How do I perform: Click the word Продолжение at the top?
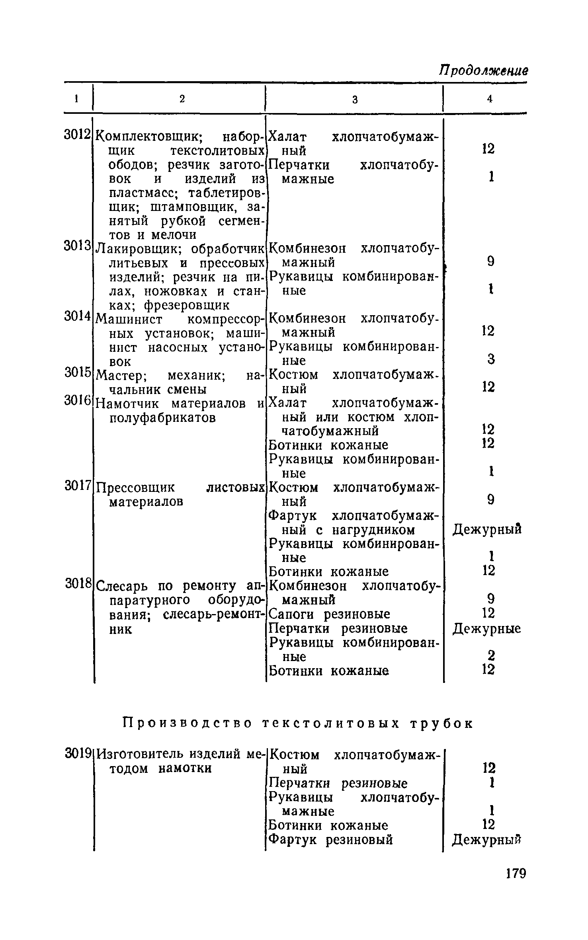[x=483, y=70]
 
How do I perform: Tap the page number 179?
[x=516, y=873]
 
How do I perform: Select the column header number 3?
[x=355, y=100]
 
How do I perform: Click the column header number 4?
[x=490, y=99]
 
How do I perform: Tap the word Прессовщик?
[x=136, y=488]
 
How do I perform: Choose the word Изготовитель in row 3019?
[x=140, y=754]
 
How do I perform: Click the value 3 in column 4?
[x=491, y=359]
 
